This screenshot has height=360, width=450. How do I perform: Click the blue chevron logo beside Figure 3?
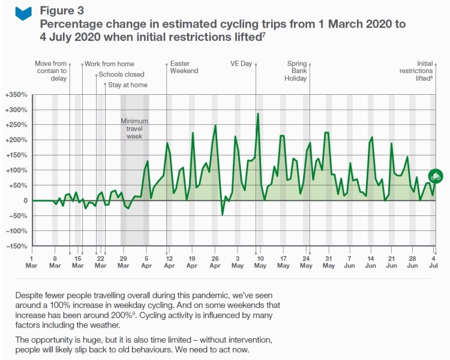23,13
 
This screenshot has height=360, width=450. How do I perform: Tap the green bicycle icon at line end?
436,176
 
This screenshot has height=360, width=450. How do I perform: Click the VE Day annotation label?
241,64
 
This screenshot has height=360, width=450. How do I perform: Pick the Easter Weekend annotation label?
184,67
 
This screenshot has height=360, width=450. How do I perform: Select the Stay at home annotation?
128,85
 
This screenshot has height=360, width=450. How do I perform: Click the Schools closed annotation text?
121,74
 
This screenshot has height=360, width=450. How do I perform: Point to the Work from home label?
109,64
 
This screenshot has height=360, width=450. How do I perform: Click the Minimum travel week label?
134,128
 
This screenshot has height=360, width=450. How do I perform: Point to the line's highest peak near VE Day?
258,113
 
